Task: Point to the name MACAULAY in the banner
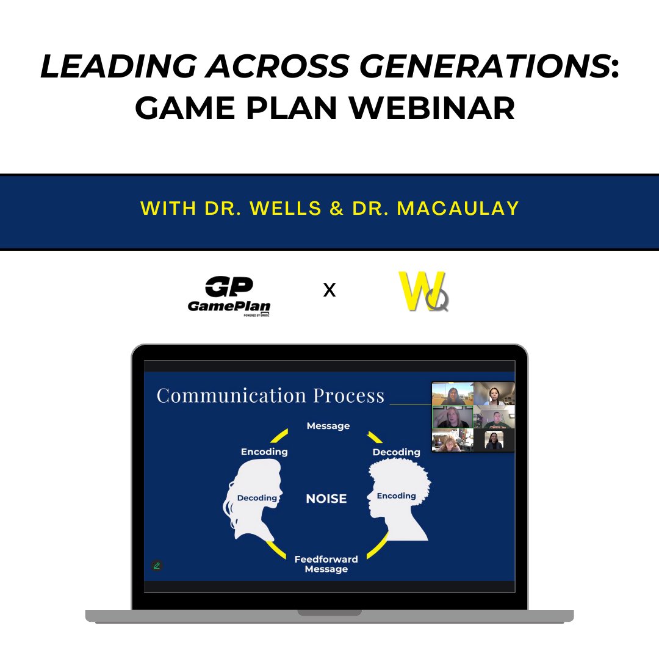point(458,208)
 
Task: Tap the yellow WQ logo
point(423,291)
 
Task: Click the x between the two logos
point(329,290)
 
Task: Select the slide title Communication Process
point(270,395)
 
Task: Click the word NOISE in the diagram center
point(326,499)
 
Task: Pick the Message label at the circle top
point(328,426)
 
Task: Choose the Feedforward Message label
point(326,564)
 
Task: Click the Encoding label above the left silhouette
point(264,452)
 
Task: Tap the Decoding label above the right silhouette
point(396,452)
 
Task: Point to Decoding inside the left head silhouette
point(257,498)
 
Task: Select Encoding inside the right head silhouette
point(396,495)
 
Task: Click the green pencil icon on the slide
point(157,566)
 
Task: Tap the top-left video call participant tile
point(453,394)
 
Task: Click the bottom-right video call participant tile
point(494,441)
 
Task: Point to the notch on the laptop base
point(329,612)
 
